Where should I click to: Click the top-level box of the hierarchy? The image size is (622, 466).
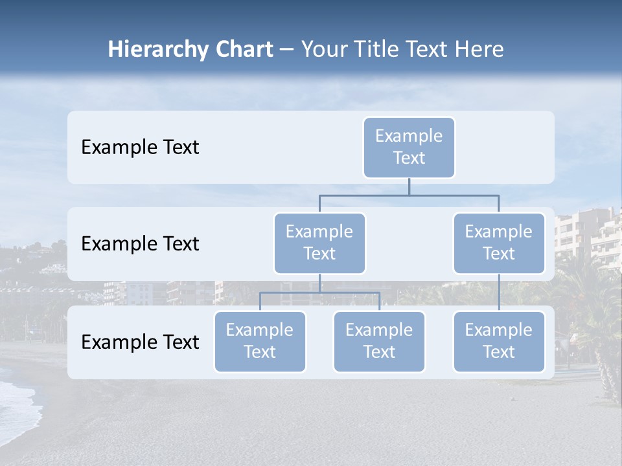409,148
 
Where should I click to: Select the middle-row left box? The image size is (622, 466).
319,243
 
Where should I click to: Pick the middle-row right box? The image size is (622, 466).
499,243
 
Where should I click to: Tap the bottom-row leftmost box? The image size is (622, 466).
260,342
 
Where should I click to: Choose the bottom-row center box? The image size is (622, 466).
379,342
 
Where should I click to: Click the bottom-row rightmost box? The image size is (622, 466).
499,342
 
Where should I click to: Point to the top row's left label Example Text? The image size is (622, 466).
140,148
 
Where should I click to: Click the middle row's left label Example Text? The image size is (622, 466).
140,244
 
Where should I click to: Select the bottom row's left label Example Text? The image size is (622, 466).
140,342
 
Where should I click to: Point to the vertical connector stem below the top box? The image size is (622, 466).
409,186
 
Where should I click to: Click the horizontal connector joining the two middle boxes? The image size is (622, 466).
409,195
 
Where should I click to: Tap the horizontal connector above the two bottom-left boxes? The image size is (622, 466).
319,293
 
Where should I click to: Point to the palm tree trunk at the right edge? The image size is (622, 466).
609,382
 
